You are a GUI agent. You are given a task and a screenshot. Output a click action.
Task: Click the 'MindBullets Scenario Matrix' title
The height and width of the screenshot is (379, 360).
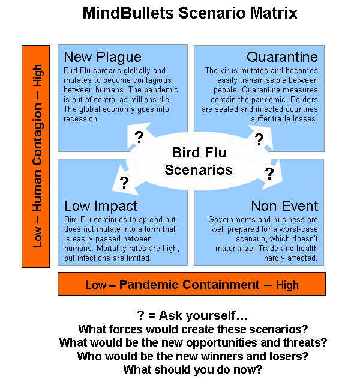190,13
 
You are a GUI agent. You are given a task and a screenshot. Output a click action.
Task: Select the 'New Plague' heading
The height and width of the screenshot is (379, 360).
103,58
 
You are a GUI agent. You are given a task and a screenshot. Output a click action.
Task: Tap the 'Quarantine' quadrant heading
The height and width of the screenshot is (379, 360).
282,57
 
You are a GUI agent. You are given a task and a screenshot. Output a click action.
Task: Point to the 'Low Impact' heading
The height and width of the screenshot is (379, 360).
101,207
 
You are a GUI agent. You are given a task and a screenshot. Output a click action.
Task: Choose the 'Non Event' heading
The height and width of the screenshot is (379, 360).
284,206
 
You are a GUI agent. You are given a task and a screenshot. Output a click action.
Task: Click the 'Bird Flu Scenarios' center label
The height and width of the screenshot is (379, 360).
199,161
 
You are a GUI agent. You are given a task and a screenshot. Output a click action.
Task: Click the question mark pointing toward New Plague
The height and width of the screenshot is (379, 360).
139,137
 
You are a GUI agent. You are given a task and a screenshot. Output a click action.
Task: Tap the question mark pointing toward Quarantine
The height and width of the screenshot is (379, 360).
259,139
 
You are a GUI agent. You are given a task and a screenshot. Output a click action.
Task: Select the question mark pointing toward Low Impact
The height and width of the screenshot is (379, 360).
124,183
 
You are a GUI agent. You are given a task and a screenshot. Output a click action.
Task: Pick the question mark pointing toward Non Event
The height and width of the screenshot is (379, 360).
269,174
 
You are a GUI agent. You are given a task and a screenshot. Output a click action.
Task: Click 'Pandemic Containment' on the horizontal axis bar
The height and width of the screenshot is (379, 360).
189,285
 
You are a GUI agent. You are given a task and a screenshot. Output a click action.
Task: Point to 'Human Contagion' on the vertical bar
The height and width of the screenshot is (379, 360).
38,157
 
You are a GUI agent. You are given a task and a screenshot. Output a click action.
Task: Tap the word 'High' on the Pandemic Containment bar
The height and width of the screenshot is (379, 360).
287,285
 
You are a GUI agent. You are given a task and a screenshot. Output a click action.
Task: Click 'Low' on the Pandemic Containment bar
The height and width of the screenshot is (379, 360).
96,285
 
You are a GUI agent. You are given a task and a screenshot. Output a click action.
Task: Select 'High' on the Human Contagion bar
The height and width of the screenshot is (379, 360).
38,76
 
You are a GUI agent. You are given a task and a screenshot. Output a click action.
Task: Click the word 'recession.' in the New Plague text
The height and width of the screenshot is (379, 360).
82,119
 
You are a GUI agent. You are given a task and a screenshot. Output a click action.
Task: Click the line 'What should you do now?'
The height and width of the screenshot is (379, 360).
193,369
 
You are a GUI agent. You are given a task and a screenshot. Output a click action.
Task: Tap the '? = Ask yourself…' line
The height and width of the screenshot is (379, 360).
192,315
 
